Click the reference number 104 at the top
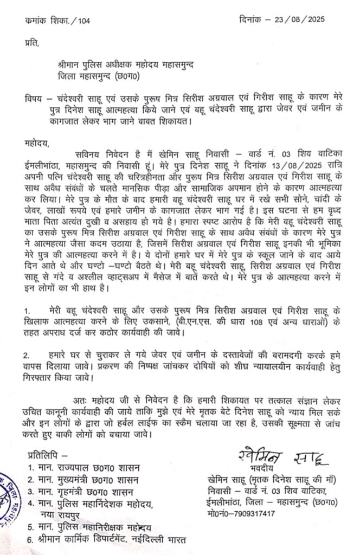84,21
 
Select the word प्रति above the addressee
33,42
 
